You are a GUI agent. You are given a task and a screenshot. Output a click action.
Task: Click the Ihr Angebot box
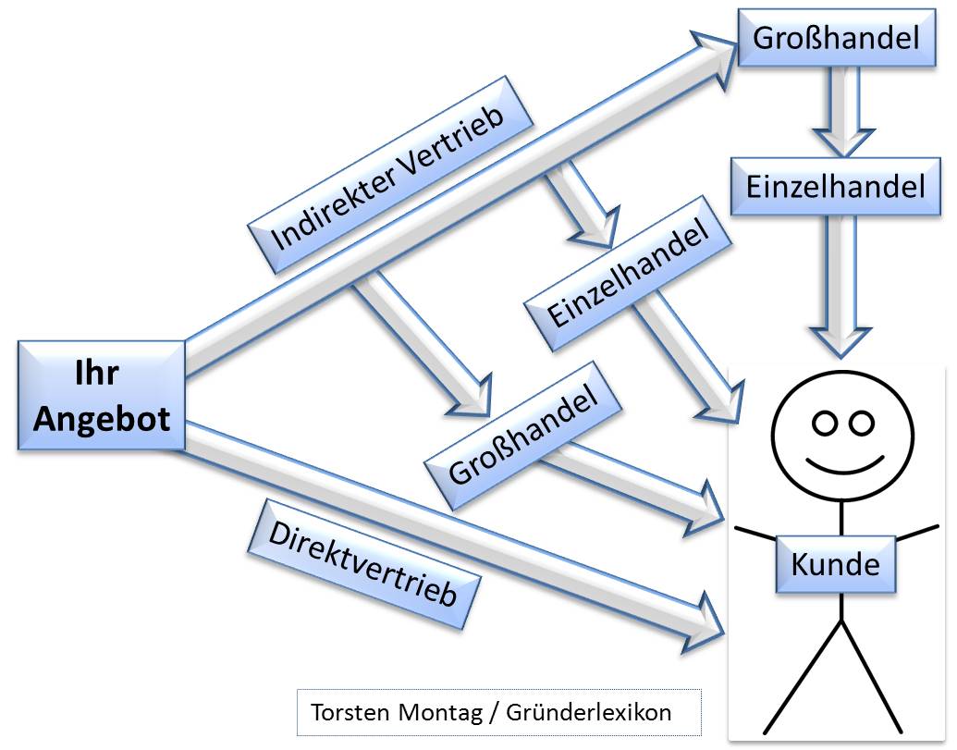click(x=102, y=396)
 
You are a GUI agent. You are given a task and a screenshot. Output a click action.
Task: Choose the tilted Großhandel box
click(x=523, y=434)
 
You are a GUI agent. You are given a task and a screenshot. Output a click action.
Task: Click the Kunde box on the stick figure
click(x=836, y=563)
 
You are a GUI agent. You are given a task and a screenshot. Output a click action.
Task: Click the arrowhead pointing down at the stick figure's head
click(x=840, y=341)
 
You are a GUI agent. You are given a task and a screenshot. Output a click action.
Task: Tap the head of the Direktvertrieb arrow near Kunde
click(x=707, y=625)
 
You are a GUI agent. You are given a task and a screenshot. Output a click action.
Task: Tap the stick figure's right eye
click(x=861, y=423)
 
